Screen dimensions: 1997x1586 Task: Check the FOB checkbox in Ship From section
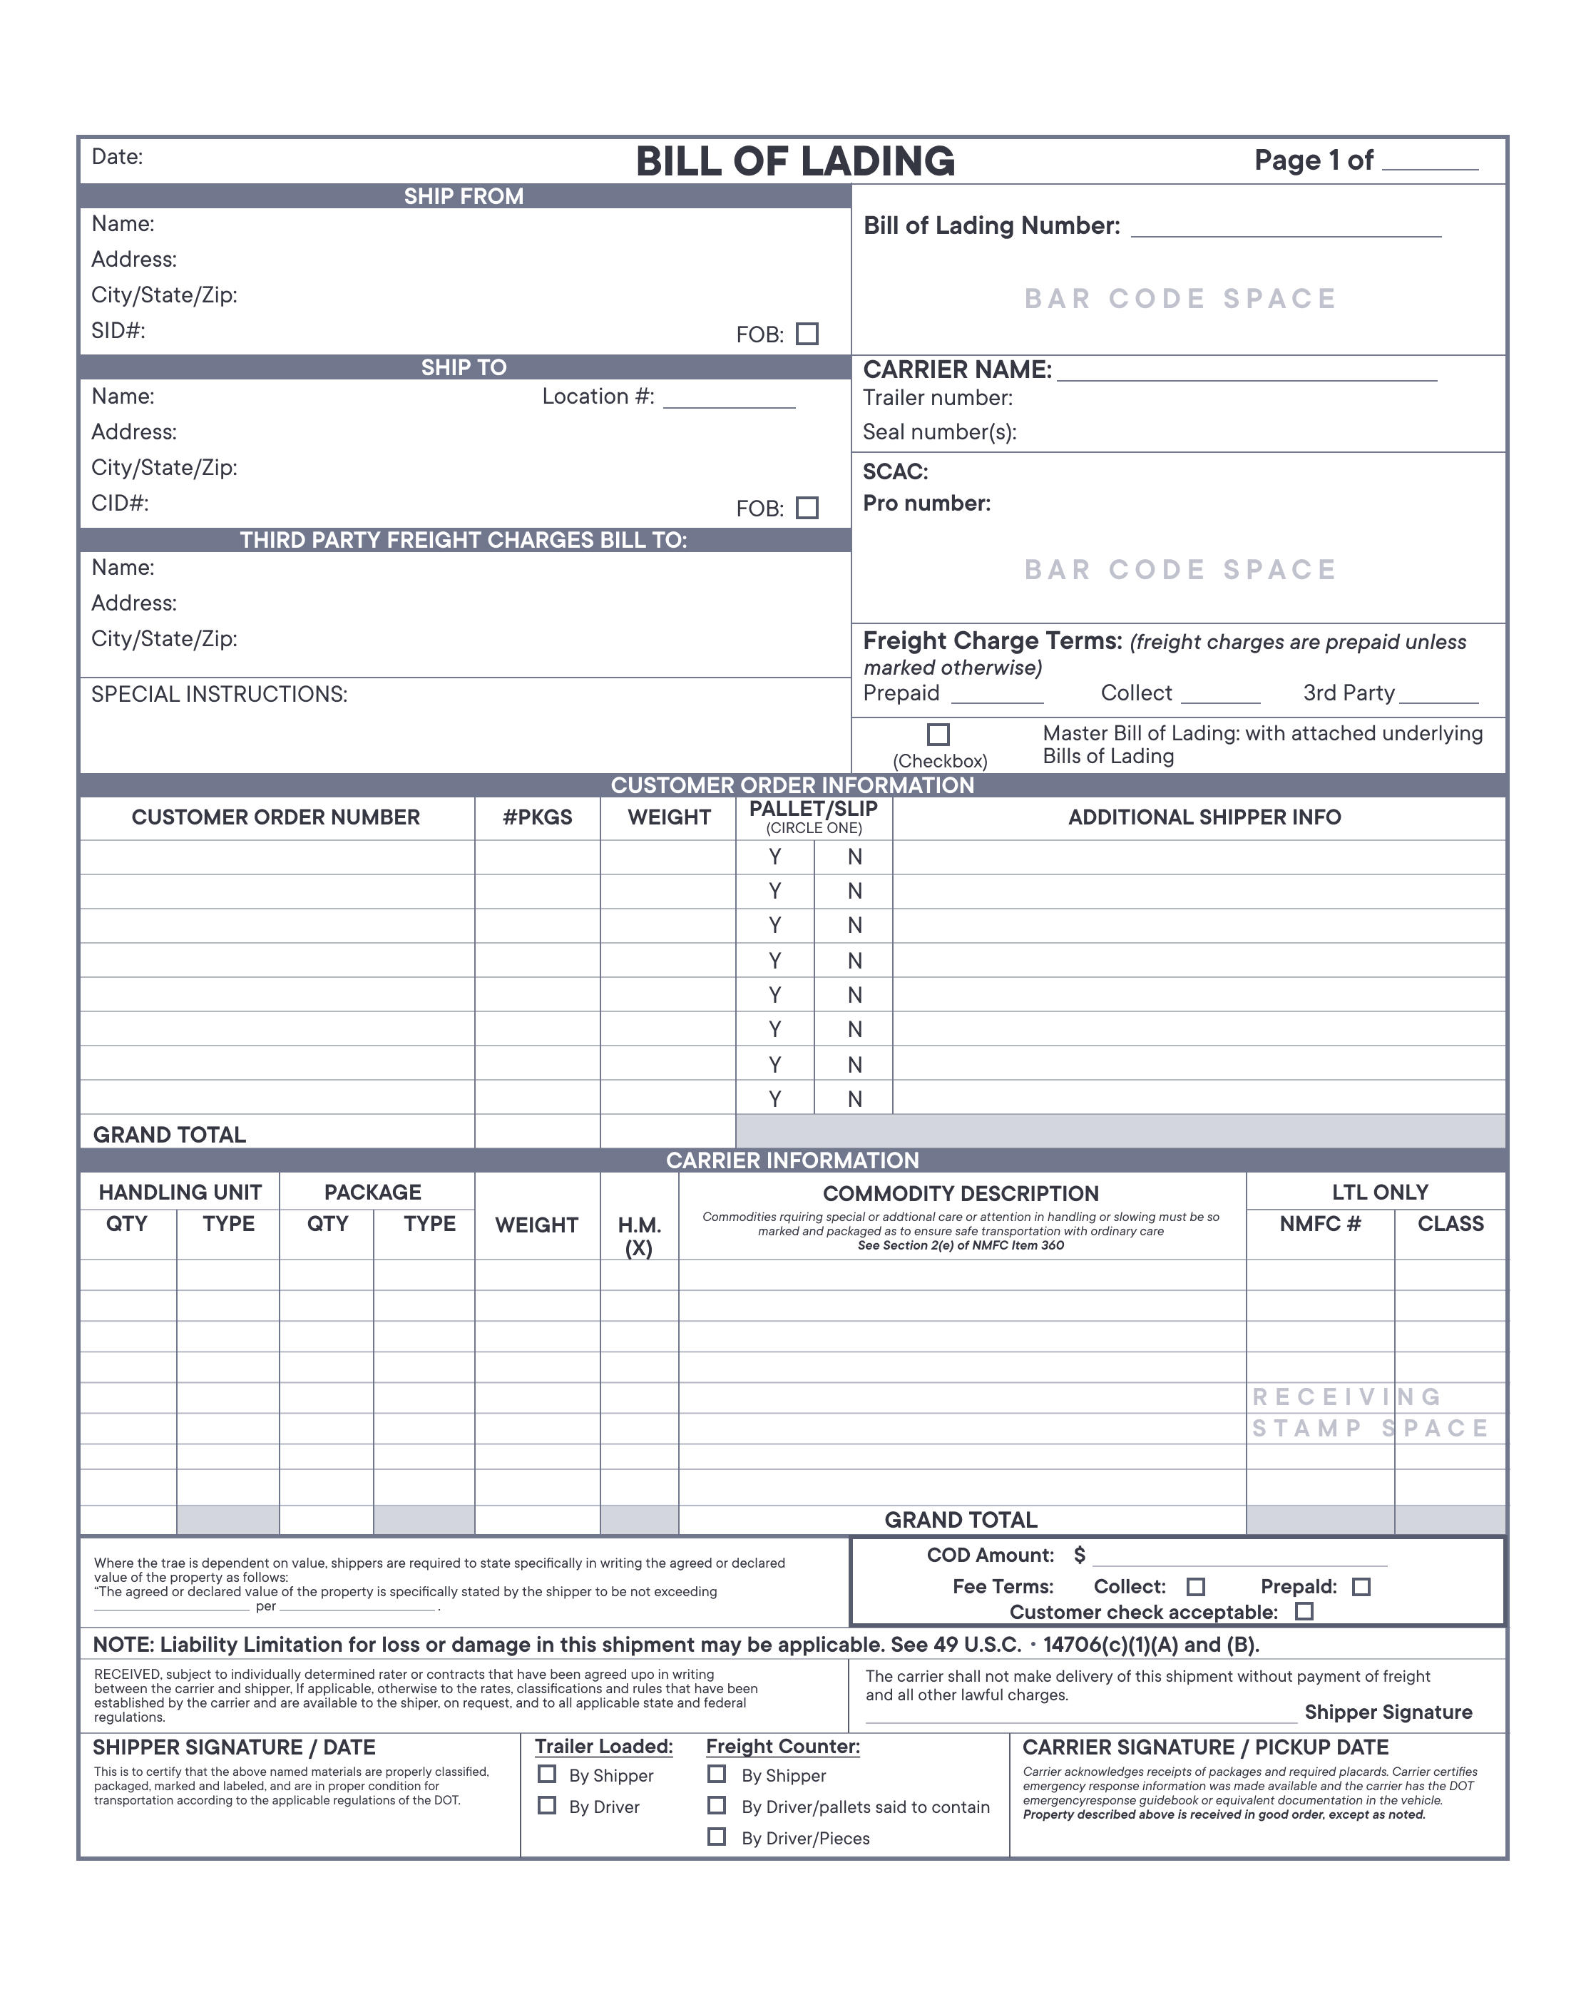pos(807,334)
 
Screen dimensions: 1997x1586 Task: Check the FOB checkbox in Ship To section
pos(807,508)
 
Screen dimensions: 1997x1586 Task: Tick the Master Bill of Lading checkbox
pos(938,735)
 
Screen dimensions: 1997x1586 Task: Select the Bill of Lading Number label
pos(991,226)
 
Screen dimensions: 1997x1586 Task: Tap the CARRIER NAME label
pos(956,369)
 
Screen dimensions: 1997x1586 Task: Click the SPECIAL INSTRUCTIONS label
pos(219,695)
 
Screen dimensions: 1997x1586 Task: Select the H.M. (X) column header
pos(638,1235)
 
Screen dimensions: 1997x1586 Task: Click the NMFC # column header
pos(1319,1225)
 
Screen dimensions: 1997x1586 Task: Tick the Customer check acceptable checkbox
pos(1304,1610)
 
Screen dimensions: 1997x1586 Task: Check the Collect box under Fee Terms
pos(1195,1587)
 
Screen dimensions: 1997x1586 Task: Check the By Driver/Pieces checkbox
pos(716,1836)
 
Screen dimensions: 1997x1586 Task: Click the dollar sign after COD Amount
pos(1078,1556)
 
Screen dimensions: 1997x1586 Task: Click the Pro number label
pos(926,504)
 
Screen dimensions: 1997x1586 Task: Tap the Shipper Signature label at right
pos(1387,1712)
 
